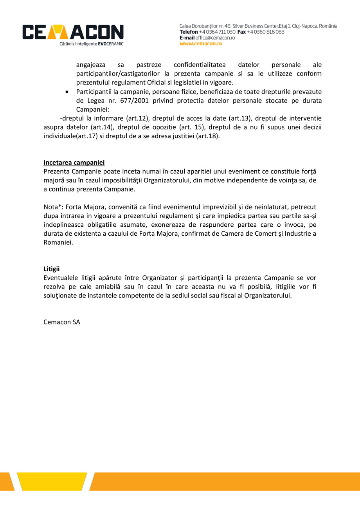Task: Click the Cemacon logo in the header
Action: (x=73, y=32)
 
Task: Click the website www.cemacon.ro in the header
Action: (x=201, y=44)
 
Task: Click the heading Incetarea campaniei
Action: (x=74, y=162)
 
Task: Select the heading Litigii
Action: (x=51, y=269)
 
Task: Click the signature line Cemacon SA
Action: (x=62, y=323)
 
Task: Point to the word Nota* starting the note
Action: (x=53, y=207)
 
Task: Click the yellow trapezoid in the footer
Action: (x=55, y=481)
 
